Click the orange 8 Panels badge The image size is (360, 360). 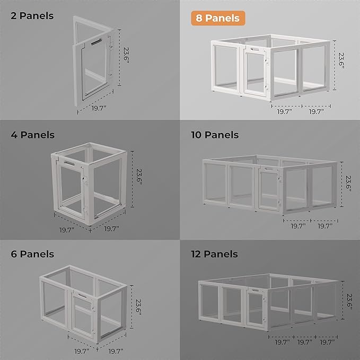(215, 18)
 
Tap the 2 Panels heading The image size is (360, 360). (32, 15)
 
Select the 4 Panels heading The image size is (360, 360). (32, 135)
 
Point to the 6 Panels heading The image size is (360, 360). (32, 254)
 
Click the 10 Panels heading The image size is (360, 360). (215, 135)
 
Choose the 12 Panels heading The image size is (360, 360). (215, 254)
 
